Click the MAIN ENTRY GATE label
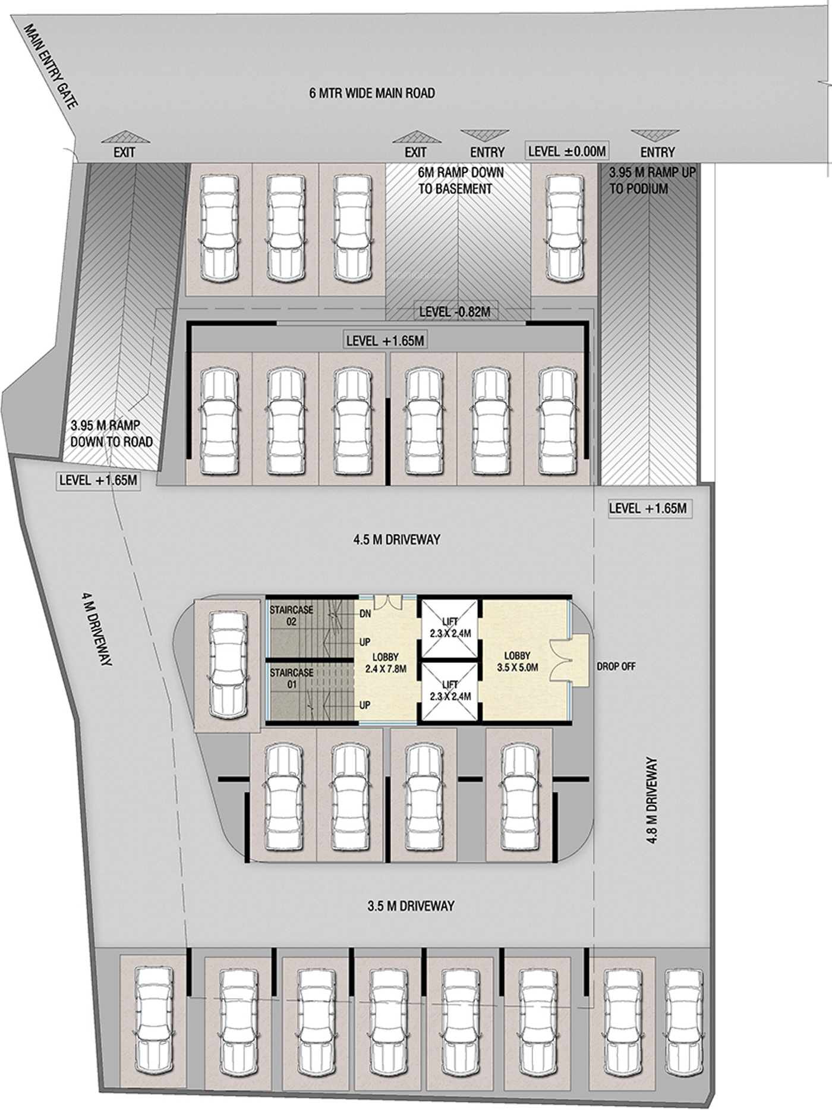tap(51, 67)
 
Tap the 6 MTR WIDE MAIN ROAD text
tap(372, 93)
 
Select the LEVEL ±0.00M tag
tap(567, 151)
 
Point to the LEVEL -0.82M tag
tap(455, 312)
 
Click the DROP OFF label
tap(616, 666)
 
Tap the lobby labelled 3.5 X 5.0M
tap(518, 661)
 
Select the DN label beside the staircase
tap(365, 614)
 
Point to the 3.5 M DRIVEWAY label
tap(411, 906)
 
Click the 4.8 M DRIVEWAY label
tap(652, 800)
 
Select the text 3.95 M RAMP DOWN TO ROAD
tap(111, 433)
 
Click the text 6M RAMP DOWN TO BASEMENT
tap(461, 180)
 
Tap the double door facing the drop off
tap(560, 659)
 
